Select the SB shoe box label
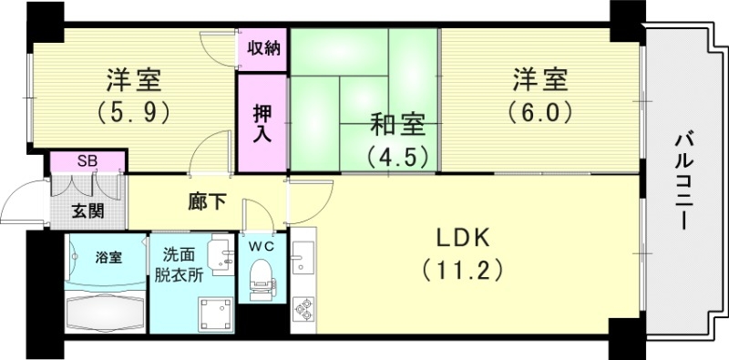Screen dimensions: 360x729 click(x=87, y=161)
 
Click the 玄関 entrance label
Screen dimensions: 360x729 click(x=88, y=211)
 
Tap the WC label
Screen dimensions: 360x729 click(x=262, y=245)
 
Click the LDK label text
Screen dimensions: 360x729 click(x=462, y=239)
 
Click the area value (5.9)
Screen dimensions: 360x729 click(x=134, y=112)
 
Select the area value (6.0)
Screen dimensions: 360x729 click(x=539, y=112)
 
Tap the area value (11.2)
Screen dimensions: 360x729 click(x=462, y=271)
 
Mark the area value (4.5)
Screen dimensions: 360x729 click(x=397, y=157)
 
